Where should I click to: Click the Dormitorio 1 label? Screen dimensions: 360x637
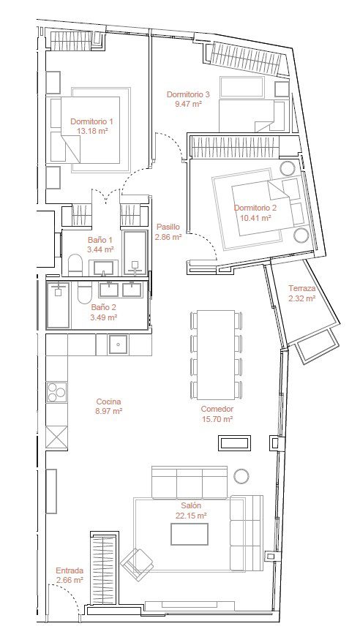pyautogui.click(x=91, y=121)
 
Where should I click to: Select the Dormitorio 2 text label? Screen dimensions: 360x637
pyautogui.click(x=255, y=208)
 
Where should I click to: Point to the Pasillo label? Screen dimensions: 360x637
pyautogui.click(x=168, y=227)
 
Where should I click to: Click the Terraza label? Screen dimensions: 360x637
pyautogui.click(x=302, y=288)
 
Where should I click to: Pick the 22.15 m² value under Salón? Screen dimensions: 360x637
pyautogui.click(x=191, y=516)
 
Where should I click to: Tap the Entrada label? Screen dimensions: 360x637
pyautogui.click(x=70, y=570)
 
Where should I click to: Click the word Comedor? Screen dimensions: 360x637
pyautogui.click(x=217, y=409)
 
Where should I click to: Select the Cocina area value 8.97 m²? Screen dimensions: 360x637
pyautogui.click(x=108, y=411)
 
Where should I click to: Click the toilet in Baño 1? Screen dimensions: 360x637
pyautogui.click(x=75, y=265)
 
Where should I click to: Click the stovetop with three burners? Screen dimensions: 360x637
pyautogui.click(x=56, y=392)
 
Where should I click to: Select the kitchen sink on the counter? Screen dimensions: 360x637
pyautogui.click(x=119, y=344)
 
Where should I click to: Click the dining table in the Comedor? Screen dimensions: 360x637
pyautogui.click(x=216, y=355)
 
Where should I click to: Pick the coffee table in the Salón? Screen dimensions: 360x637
pyautogui.click(x=190, y=534)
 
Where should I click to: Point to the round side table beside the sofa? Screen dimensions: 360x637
pyautogui.click(x=241, y=475)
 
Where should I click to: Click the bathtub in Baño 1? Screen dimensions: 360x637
pyautogui.click(x=135, y=254)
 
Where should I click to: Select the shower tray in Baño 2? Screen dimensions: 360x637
pyautogui.click(x=58, y=305)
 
